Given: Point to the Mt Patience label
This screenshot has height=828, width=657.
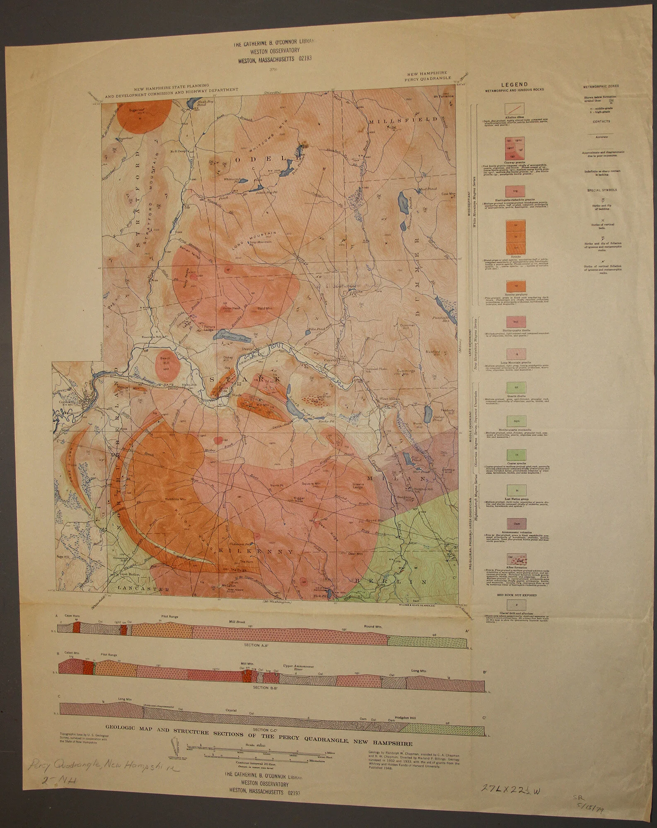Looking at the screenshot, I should click(x=444, y=97).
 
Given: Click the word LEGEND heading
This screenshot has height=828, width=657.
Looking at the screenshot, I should click(x=513, y=84).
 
